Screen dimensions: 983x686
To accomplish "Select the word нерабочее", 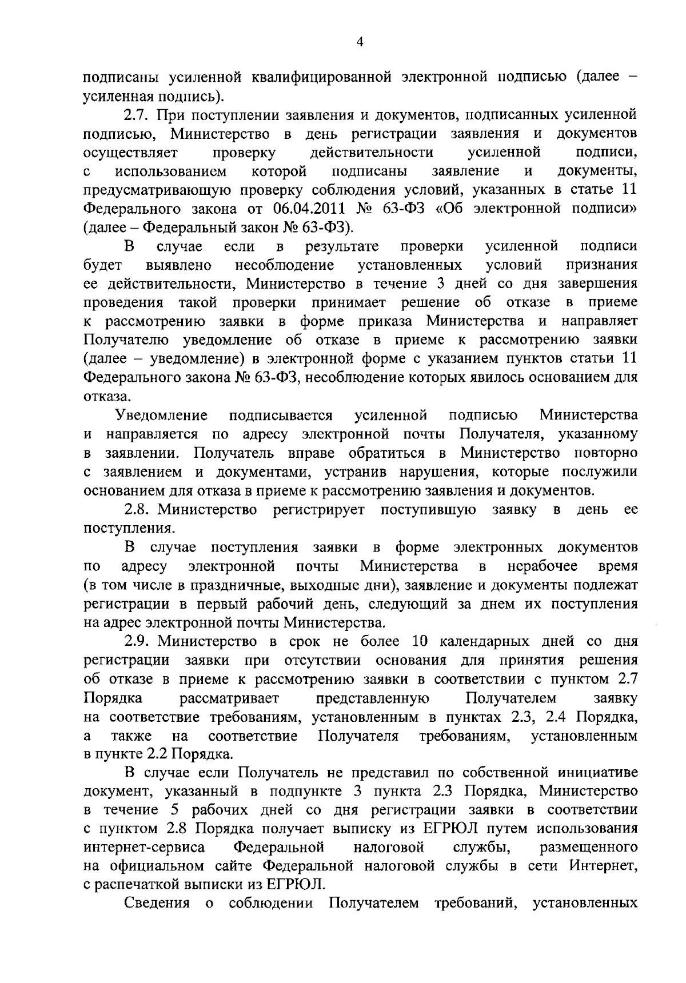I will click(543, 566).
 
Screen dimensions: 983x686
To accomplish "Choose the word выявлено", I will click(180, 266).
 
